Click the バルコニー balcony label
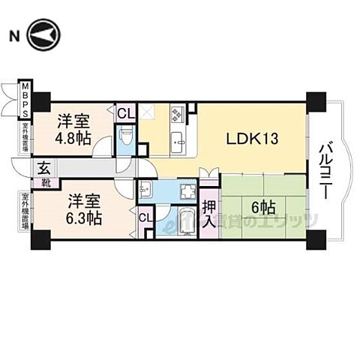(326, 171)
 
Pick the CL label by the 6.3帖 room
(145, 218)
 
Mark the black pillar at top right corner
(316, 100)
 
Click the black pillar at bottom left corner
(39, 241)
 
